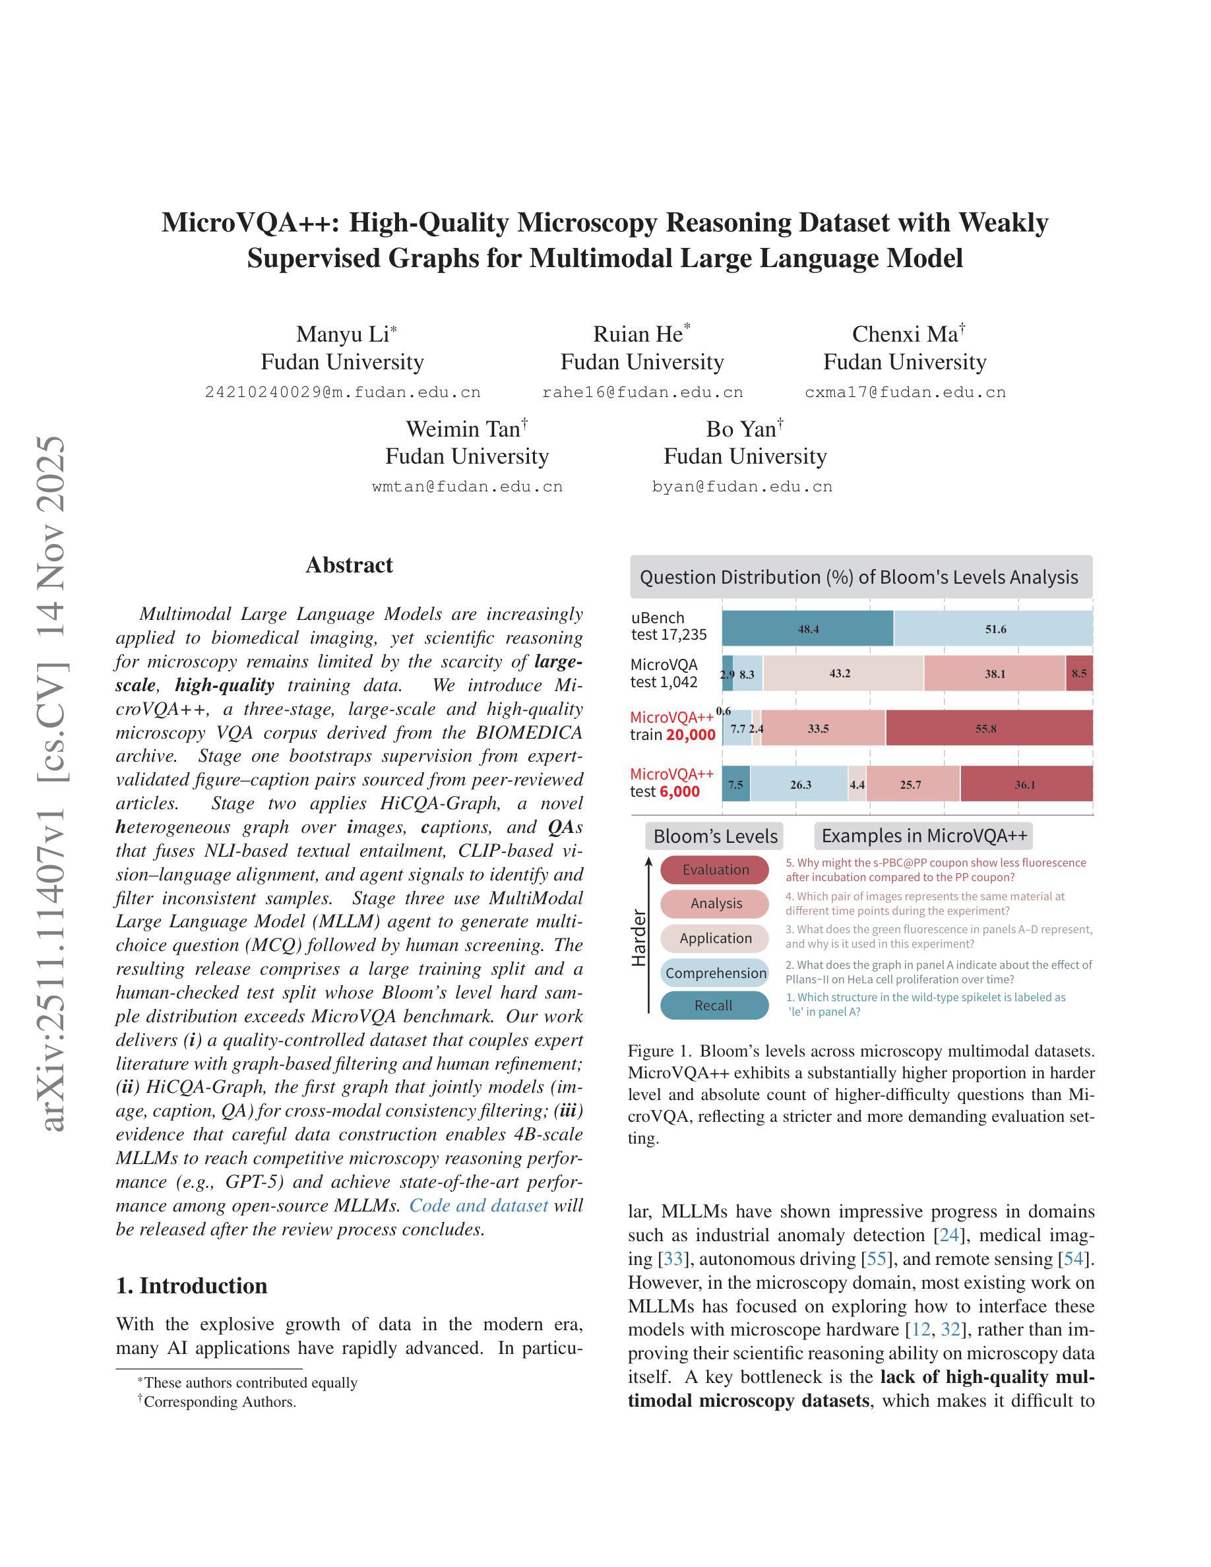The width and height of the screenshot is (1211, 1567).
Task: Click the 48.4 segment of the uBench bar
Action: [x=808, y=629]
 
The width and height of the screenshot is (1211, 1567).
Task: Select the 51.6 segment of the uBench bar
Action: [x=995, y=629]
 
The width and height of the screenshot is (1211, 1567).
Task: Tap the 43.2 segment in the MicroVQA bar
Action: [x=842, y=674]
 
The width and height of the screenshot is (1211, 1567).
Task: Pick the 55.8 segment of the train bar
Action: [x=989, y=728]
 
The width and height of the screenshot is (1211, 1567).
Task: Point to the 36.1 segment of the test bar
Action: [x=1026, y=784]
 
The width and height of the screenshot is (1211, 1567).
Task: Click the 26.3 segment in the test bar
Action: [x=800, y=784]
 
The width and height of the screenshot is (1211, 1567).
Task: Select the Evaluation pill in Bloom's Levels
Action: [x=714, y=870]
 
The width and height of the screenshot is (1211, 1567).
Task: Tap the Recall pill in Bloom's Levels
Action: [x=714, y=1005]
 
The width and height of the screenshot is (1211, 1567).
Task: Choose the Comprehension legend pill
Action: [x=715, y=973]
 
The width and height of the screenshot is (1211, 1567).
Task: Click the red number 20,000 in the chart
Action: [x=691, y=735]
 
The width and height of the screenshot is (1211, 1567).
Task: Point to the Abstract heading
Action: [x=349, y=565]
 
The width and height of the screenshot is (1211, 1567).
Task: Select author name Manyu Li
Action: [x=342, y=334]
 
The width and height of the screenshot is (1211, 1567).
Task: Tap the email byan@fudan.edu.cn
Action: [x=742, y=487]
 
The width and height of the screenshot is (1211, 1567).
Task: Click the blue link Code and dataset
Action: [x=478, y=1206]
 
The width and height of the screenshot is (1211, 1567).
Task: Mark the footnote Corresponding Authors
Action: [x=220, y=1401]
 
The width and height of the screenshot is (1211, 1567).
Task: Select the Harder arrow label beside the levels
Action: [x=638, y=938]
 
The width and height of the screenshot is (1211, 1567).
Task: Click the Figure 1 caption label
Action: [x=661, y=1051]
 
